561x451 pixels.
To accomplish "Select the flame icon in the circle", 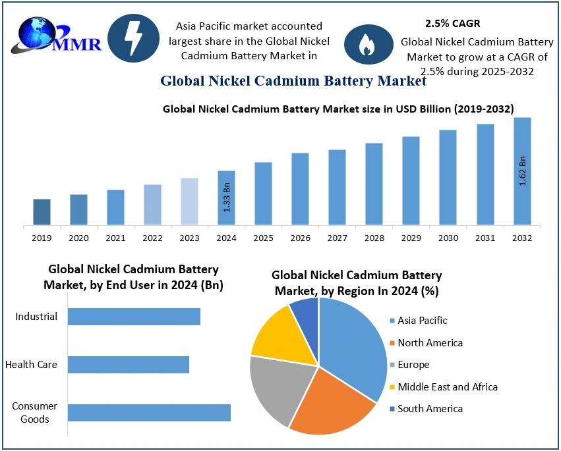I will [365, 44].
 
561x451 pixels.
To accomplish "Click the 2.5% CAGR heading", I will [452, 24].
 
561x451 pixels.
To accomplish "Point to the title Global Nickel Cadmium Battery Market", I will [293, 81].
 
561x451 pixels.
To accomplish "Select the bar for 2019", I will [42, 212].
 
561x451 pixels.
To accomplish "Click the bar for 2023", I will [189, 201].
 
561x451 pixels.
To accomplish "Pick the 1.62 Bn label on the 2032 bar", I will [523, 171].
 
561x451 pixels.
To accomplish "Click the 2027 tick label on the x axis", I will [338, 238].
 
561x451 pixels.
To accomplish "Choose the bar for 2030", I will [448, 178].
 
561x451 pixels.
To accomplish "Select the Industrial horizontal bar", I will [134, 317].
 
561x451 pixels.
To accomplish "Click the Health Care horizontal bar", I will [129, 365].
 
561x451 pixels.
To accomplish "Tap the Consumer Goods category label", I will [34, 412].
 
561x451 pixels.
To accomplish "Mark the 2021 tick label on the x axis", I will [115, 238].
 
